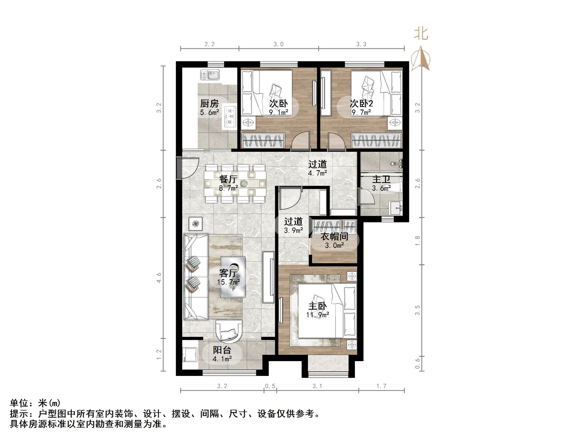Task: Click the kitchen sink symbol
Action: (x=210, y=75)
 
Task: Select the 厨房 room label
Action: (x=209, y=103)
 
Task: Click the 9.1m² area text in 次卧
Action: (x=278, y=112)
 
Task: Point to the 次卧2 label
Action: (x=361, y=103)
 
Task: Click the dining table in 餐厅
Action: (x=235, y=183)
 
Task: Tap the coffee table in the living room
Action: (x=233, y=277)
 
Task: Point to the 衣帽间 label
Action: (x=334, y=236)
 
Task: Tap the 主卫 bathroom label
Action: (x=381, y=180)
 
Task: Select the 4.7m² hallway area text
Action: (x=317, y=173)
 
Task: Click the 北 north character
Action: (x=421, y=34)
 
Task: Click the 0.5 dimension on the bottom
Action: (x=270, y=386)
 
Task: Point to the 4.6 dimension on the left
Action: (x=159, y=278)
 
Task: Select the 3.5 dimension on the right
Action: (x=417, y=310)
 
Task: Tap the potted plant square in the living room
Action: (x=196, y=224)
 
